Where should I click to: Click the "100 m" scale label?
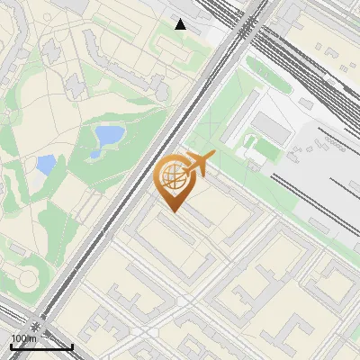pyautogui.click(x=22, y=338)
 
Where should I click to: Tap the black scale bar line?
pyautogui.click(x=41, y=346)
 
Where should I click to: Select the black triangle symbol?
pyautogui.click(x=181, y=24)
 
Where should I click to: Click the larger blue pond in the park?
pyautogui.click(x=109, y=136)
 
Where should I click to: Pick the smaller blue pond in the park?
pyautogui.click(x=45, y=165)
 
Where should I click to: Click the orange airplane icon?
pyautogui.click(x=200, y=165)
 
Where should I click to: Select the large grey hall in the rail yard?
pyautogui.click(x=268, y=130)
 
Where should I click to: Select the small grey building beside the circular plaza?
pyautogui.click(x=15, y=248)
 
